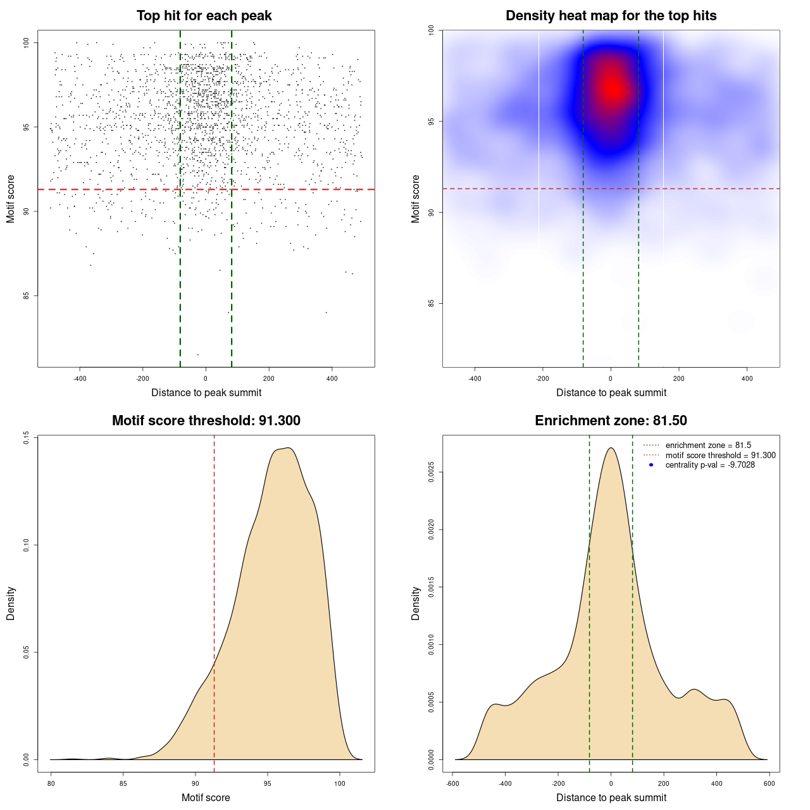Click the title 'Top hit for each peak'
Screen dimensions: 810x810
tap(204, 16)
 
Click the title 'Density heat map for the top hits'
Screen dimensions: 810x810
tap(611, 16)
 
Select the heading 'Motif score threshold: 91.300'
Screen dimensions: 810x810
tap(206, 421)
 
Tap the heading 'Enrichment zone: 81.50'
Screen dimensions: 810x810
tap(611, 421)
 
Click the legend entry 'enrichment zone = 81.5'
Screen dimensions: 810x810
tap(708, 445)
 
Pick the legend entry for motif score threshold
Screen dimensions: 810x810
tap(720, 455)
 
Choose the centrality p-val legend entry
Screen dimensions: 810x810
tap(710, 465)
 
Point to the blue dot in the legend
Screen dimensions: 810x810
tap(651, 465)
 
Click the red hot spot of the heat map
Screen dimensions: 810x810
tap(611, 89)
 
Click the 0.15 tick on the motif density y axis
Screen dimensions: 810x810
tap(26, 437)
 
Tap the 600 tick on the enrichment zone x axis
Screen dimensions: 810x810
tap(769, 783)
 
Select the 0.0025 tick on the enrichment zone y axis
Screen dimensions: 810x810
tap(431, 472)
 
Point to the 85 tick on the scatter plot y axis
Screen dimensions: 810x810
tap(26, 296)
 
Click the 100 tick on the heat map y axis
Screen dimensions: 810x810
tap(431, 30)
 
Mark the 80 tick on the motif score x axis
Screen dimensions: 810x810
tap(51, 783)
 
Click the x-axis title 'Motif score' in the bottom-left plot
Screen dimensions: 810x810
tap(206, 797)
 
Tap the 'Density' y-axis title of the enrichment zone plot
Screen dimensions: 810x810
tap(416, 603)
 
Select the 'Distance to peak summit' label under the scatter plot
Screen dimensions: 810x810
tap(206, 392)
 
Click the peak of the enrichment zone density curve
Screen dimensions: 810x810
tap(611, 448)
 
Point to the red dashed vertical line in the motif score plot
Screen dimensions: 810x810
tap(214, 601)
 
